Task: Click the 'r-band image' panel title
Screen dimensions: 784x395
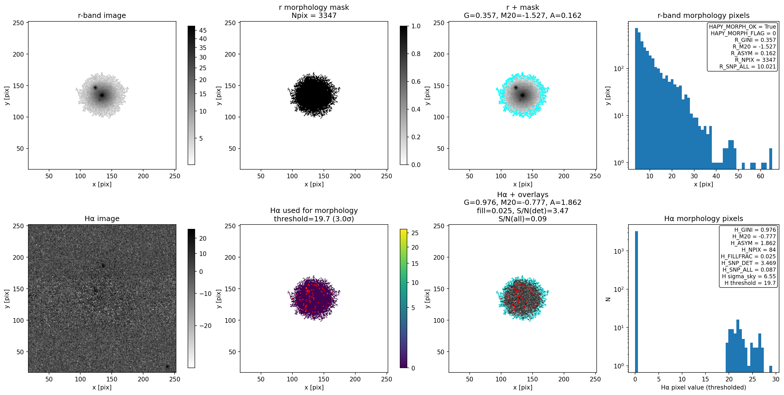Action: click(102, 15)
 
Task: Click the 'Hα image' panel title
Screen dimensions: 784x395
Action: click(102, 218)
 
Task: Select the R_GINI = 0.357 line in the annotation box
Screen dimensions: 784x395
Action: click(755, 40)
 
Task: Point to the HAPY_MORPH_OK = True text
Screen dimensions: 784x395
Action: click(742, 27)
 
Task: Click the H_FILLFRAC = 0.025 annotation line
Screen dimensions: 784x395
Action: click(748, 256)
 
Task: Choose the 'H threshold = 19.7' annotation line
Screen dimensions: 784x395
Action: click(750, 283)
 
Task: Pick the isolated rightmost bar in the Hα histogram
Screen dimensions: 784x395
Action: click(771, 369)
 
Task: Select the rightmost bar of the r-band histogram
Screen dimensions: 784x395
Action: click(771, 159)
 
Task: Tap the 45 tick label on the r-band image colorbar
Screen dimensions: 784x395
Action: click(203, 30)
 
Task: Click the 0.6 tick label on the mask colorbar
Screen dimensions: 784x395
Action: click(416, 81)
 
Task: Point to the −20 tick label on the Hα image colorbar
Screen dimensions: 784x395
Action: click(205, 326)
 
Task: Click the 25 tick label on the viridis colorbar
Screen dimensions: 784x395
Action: click(415, 233)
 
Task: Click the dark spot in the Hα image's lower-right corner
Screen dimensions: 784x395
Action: click(167, 366)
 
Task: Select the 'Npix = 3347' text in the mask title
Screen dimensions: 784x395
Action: click(314, 15)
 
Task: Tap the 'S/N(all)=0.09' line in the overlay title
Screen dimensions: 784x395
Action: click(522, 219)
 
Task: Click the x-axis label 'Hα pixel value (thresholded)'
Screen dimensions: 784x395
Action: click(703, 387)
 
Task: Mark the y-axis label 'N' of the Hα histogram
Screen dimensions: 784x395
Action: click(608, 299)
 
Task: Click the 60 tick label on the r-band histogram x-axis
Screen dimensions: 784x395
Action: click(760, 176)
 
